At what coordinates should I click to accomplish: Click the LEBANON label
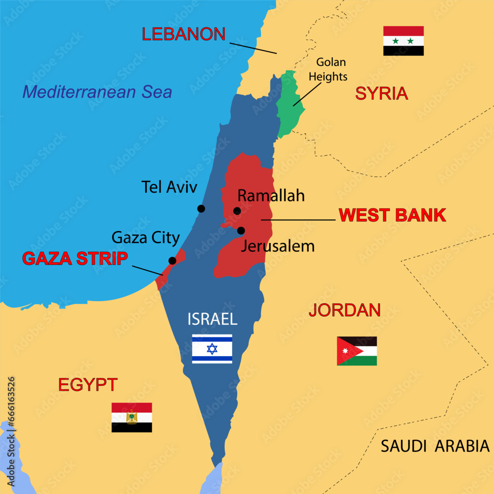pyautogui.click(x=184, y=34)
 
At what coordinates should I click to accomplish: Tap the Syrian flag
pyautogui.click(x=404, y=41)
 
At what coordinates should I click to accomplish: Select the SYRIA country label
pyautogui.click(x=381, y=93)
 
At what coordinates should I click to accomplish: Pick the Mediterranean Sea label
pyautogui.click(x=97, y=92)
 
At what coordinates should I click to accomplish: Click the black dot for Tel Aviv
pyautogui.click(x=201, y=208)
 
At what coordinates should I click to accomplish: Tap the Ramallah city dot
pyautogui.click(x=237, y=211)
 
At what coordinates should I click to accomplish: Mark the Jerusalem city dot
pyautogui.click(x=241, y=230)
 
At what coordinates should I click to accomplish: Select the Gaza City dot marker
pyautogui.click(x=172, y=260)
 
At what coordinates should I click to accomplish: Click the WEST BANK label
pyautogui.click(x=392, y=215)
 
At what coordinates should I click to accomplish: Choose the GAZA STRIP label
pyautogui.click(x=75, y=258)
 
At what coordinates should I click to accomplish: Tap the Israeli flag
pyautogui.click(x=212, y=349)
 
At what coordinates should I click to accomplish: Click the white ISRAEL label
pyautogui.click(x=212, y=319)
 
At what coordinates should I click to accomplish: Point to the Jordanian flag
pyautogui.click(x=357, y=351)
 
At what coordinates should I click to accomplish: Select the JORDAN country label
pyautogui.click(x=344, y=310)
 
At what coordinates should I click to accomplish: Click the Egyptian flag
pyautogui.click(x=131, y=417)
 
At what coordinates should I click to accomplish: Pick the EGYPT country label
pyautogui.click(x=88, y=384)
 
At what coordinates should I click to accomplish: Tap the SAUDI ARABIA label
pyautogui.click(x=435, y=446)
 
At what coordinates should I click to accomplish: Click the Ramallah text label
pyautogui.click(x=271, y=196)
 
